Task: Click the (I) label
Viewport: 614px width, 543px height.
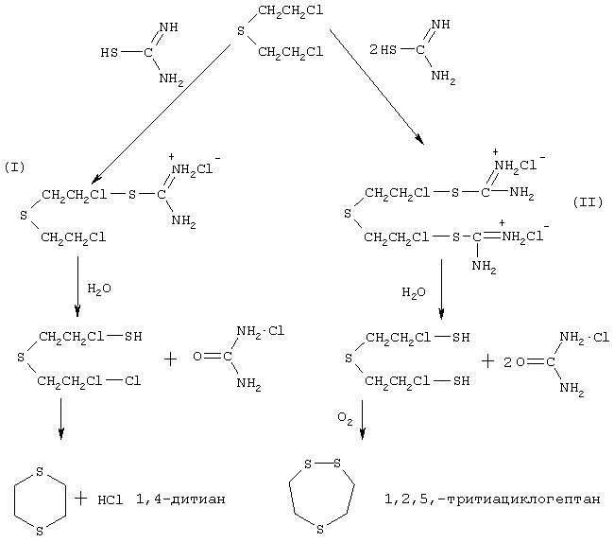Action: tap(14, 167)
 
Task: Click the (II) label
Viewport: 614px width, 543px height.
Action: tap(588, 202)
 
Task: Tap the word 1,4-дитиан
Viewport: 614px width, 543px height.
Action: tap(180, 499)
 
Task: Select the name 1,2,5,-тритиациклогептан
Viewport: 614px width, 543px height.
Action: tap(492, 499)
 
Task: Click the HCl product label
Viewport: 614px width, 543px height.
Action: tap(111, 499)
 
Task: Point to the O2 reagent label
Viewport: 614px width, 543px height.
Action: tap(345, 419)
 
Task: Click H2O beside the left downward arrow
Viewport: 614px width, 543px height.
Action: tap(99, 289)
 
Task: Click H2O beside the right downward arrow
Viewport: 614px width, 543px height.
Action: tap(414, 293)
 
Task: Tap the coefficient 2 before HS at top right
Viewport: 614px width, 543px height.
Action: tap(373, 50)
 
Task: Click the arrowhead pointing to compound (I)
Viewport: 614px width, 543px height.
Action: tap(96, 179)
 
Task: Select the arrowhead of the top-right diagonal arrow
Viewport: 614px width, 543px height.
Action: tap(419, 140)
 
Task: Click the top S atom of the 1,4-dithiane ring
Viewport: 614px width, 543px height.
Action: tap(39, 472)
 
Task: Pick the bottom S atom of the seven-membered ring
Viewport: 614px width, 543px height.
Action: tap(320, 529)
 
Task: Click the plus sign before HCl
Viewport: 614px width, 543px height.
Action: tap(80, 499)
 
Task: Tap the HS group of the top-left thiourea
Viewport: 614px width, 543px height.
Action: tap(110, 53)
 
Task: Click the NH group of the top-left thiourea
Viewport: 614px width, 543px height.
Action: tap(168, 27)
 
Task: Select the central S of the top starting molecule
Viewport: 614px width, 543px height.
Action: tap(241, 30)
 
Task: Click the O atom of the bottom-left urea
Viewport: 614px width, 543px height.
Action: tap(197, 357)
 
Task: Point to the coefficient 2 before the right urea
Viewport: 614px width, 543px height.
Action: tap(507, 362)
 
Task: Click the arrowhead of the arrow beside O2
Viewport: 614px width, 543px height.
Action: tap(363, 433)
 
